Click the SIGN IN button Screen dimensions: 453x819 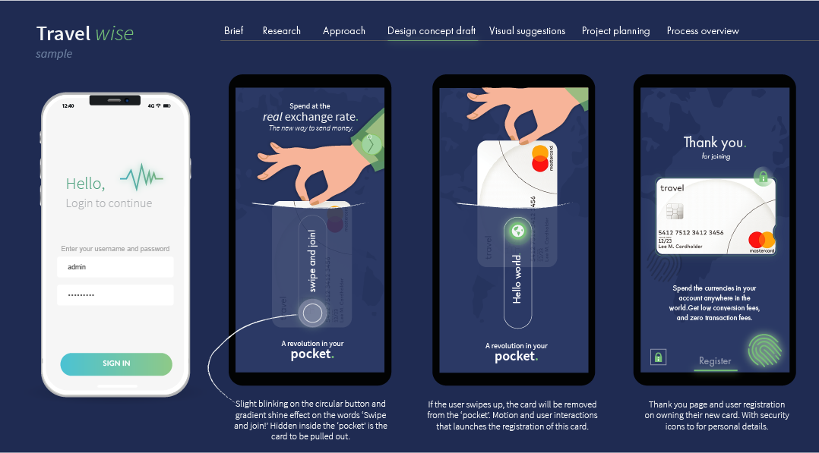point(116,363)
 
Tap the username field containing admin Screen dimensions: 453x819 point(115,267)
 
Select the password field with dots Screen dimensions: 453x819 point(115,294)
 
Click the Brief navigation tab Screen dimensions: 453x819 point(234,31)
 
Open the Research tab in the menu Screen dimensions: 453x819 point(282,31)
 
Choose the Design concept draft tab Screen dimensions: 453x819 point(431,31)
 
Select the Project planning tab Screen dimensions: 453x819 point(615,31)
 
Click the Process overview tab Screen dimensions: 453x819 point(703,31)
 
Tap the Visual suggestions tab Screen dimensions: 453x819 point(527,31)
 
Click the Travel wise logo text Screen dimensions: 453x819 point(85,33)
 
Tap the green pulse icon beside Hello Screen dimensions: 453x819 point(141,178)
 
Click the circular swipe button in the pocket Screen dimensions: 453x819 point(313,313)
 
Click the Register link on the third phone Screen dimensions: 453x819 point(715,361)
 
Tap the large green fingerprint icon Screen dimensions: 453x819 point(764,351)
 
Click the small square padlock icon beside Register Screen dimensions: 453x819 point(658,357)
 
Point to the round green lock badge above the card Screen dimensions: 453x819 point(763,178)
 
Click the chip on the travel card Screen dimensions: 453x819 point(673,211)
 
